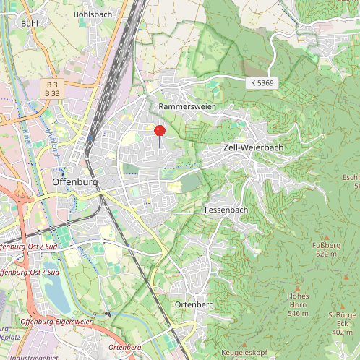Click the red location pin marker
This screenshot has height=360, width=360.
point(160,131)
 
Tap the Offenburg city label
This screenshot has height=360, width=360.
point(75,182)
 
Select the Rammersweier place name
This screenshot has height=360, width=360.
point(188,106)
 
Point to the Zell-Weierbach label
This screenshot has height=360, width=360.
point(252,147)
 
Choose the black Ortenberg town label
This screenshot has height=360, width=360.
point(194,305)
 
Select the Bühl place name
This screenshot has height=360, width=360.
point(30,24)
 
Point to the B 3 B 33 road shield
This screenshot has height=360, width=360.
point(52,89)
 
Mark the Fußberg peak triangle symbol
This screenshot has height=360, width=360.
point(325,237)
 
